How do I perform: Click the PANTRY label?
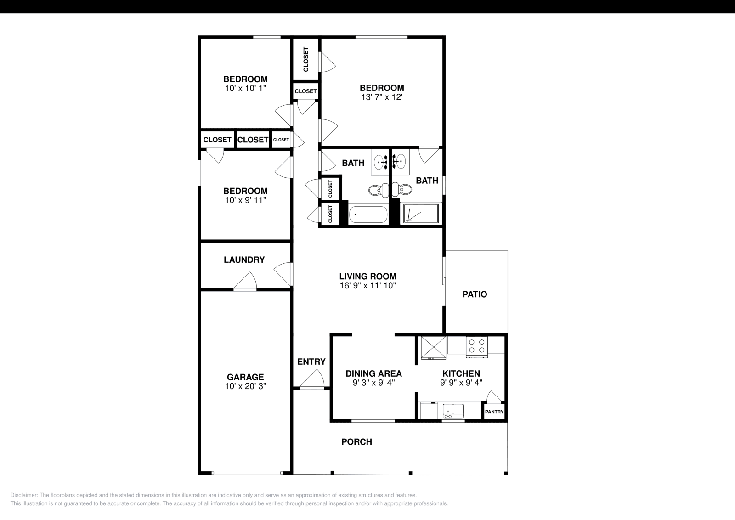(x=494, y=412)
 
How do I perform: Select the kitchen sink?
(x=453, y=410)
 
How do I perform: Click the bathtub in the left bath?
(x=368, y=215)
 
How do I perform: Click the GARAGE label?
(x=245, y=377)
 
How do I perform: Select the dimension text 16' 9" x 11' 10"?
(x=367, y=285)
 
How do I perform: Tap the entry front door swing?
(x=312, y=380)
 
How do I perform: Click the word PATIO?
(x=475, y=294)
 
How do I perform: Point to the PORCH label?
(x=356, y=442)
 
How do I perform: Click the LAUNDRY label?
(x=244, y=260)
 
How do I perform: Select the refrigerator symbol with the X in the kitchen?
(x=433, y=348)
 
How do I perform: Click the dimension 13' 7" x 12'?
(x=382, y=97)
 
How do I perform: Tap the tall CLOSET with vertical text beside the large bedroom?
(x=306, y=59)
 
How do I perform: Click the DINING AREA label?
(x=373, y=373)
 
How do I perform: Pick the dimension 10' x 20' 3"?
(x=245, y=387)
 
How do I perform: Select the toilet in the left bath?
(x=375, y=189)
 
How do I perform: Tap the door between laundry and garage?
(x=245, y=283)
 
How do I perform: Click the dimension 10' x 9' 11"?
(x=245, y=200)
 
